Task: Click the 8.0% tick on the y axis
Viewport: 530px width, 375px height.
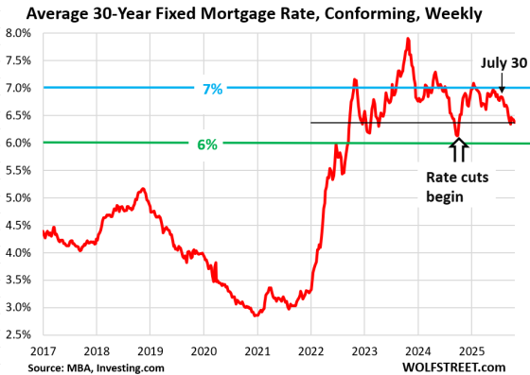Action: point(21,33)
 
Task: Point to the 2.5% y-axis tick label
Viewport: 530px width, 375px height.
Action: point(21,334)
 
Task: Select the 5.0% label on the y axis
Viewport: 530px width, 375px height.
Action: point(21,197)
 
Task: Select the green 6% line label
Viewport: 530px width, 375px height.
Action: point(207,144)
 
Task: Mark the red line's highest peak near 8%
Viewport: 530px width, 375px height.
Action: point(407,39)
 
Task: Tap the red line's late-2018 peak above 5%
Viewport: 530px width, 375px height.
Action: point(141,189)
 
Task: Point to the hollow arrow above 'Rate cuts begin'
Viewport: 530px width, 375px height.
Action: point(458,148)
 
